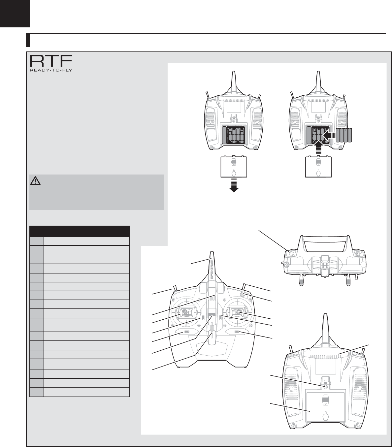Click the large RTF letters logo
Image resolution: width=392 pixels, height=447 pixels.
click(x=51, y=61)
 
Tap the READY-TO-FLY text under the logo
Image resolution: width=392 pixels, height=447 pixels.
click(x=51, y=70)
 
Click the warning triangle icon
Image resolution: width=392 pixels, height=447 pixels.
click(x=35, y=181)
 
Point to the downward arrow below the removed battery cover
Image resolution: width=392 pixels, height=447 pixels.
click(x=234, y=185)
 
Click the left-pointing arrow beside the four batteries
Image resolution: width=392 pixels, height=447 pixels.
click(x=329, y=135)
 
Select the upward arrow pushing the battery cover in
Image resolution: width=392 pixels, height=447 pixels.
click(x=318, y=148)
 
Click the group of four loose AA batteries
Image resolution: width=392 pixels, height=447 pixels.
click(x=344, y=135)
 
